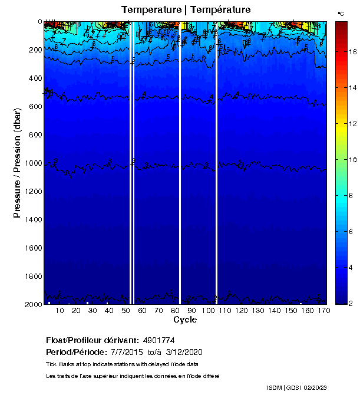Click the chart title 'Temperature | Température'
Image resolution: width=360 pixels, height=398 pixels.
[x=186, y=10]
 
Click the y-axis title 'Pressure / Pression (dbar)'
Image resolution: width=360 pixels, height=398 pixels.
[x=17, y=163]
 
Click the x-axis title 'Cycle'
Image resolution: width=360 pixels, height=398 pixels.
[x=185, y=320]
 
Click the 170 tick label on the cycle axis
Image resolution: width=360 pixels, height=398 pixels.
[x=323, y=310]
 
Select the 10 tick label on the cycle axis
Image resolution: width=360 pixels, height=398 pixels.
[x=60, y=310]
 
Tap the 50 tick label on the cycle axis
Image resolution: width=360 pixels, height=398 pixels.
[x=125, y=310]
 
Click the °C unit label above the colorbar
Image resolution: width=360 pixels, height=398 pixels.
[x=341, y=13]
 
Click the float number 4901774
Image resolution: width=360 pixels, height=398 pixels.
[x=158, y=340]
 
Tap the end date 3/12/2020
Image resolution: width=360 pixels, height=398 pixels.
[x=184, y=352]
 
